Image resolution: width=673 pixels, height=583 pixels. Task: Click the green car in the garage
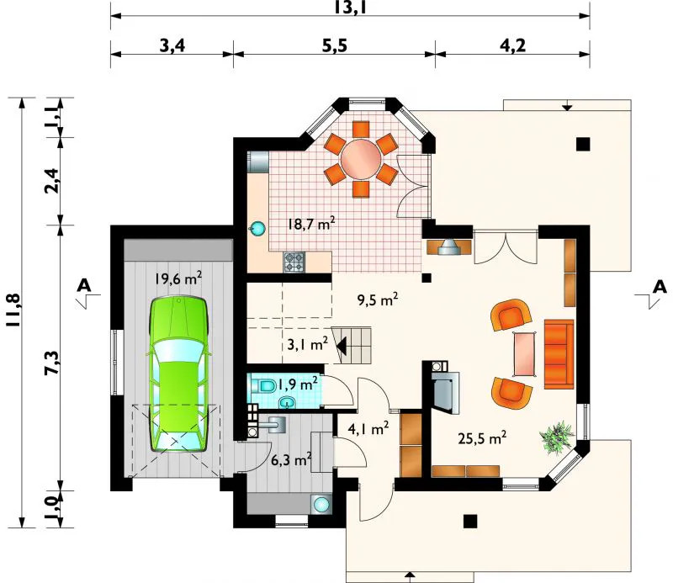click(x=178, y=374)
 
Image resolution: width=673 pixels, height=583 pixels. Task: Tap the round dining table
click(x=361, y=159)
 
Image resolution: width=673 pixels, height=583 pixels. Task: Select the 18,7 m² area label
click(x=310, y=224)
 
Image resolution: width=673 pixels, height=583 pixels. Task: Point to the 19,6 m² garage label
click(x=178, y=279)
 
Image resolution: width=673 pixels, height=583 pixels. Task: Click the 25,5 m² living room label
click(x=482, y=438)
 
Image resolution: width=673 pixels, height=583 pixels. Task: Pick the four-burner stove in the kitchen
click(x=294, y=262)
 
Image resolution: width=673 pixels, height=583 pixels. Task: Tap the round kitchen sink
click(x=257, y=228)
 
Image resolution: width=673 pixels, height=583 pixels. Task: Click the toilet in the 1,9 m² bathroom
click(x=265, y=386)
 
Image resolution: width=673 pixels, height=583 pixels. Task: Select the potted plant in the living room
click(x=557, y=437)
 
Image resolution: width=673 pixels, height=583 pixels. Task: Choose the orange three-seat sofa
click(x=559, y=354)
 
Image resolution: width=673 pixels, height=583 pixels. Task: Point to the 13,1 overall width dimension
click(x=350, y=8)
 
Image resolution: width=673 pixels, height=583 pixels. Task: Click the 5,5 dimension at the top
click(x=334, y=45)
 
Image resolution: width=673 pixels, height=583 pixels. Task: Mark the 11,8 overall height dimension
click(x=14, y=310)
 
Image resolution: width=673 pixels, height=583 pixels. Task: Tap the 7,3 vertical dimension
click(x=52, y=363)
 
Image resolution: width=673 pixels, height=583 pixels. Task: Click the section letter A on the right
click(x=660, y=287)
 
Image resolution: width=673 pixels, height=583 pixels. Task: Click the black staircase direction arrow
click(x=342, y=345)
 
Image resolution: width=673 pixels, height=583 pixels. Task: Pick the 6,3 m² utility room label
click(x=291, y=460)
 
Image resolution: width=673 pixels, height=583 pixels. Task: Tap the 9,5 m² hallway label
click(x=377, y=299)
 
